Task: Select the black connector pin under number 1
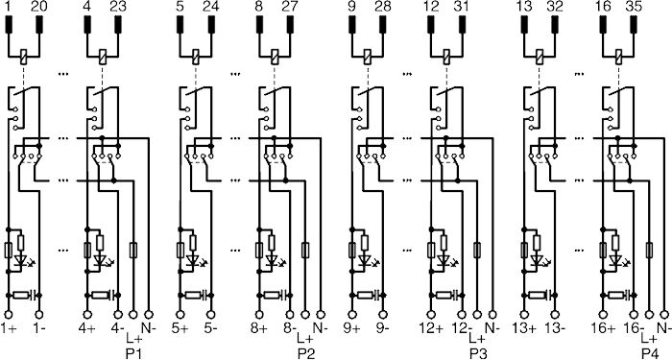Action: point(9,24)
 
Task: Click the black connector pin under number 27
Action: point(290,24)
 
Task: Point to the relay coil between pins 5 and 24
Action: point(196,56)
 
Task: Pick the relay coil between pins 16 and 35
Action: point(618,56)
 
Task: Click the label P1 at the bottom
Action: point(134,354)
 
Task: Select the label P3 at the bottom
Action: point(478,354)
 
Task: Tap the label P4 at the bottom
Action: point(650,354)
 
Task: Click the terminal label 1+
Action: point(8,328)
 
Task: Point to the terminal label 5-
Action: point(210,328)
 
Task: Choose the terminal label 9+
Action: point(352,328)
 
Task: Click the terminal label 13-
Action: point(555,328)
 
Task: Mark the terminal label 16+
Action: point(603,328)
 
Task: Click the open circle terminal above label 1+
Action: point(8,315)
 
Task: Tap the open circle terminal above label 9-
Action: point(383,315)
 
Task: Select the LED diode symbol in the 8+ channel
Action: point(272,260)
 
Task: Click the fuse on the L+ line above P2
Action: point(305,250)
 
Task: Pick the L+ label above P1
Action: point(134,340)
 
